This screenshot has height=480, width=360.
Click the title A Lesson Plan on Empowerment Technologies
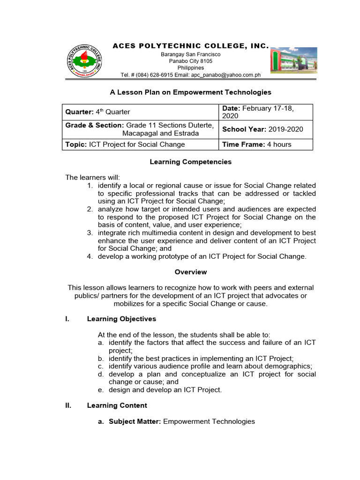(190, 92)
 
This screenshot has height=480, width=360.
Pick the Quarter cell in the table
(141, 112)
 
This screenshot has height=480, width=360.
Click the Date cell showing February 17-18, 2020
(265, 112)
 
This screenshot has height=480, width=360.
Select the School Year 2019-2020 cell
(265, 129)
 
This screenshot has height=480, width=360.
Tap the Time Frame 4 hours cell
(265, 144)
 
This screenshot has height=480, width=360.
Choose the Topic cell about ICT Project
(141, 144)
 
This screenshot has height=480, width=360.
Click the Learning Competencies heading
(190, 162)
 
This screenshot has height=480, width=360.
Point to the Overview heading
(190, 272)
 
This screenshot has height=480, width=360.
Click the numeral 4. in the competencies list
(90, 256)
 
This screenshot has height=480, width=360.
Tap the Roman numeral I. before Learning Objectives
(67, 319)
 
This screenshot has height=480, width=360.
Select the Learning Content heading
(117, 405)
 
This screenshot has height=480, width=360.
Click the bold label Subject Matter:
(135, 421)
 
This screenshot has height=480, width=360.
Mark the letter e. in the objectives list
(100, 390)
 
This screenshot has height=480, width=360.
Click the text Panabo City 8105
(190, 61)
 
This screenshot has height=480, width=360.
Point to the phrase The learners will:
(92, 177)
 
